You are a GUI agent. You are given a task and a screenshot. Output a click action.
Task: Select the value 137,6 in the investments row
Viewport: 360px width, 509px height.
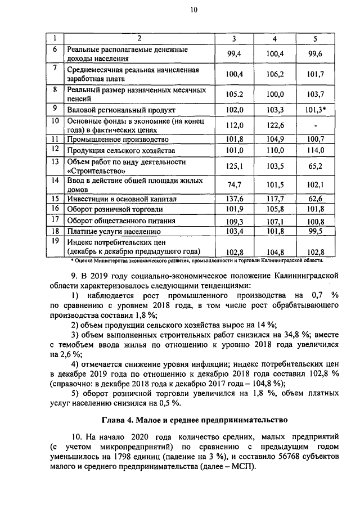[233, 199]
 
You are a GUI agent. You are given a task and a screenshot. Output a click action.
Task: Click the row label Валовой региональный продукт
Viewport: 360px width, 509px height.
[121, 110]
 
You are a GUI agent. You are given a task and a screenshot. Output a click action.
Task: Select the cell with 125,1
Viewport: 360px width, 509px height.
[233, 166]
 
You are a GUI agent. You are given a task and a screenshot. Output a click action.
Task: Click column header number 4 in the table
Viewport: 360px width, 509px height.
[274, 38]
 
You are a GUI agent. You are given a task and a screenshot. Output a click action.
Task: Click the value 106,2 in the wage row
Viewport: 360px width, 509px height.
[274, 74]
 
